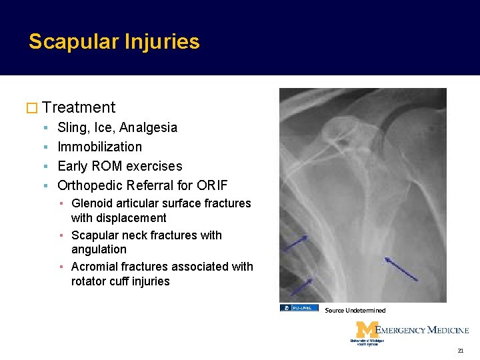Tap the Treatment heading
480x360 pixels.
coord(78,107)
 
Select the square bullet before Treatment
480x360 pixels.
coord(33,108)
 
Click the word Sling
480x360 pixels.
coord(71,127)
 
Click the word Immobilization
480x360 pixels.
coord(99,147)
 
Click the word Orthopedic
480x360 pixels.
coord(90,185)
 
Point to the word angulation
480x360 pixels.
coord(99,249)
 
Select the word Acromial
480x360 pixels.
coord(95,267)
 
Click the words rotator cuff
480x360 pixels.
coord(101,281)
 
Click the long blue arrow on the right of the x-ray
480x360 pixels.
coord(401,268)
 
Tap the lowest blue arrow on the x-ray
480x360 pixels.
coord(301,287)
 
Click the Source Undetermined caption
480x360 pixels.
coord(355,311)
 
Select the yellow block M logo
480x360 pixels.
coord(367,331)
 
